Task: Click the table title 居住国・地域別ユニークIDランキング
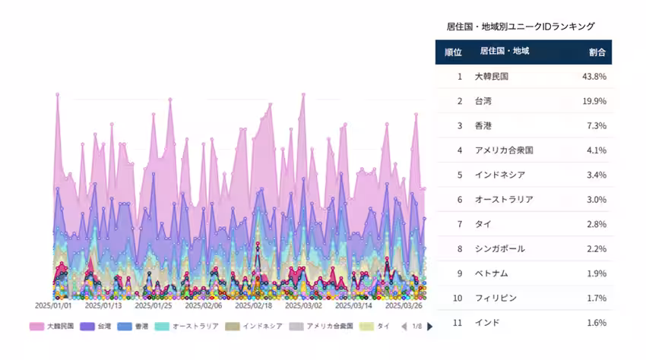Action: tap(521, 27)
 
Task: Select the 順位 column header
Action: tap(453, 52)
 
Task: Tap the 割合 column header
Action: tap(597, 52)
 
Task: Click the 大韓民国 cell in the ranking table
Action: tap(491, 77)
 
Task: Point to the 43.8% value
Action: tap(594, 77)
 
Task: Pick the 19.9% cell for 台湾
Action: tap(594, 101)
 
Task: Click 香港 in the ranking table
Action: tap(483, 125)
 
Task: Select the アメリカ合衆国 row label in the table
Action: tap(503, 150)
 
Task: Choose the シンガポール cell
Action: tap(499, 248)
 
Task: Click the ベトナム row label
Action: tap(491, 273)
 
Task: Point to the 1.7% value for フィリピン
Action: tap(596, 298)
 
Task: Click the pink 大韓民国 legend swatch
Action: tap(36, 327)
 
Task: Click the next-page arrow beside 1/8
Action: tap(430, 327)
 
